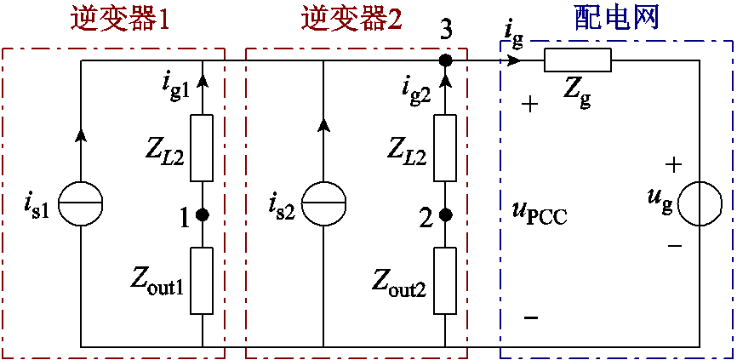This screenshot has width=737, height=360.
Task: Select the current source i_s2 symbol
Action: pos(324,205)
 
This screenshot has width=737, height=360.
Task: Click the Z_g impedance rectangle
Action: pos(577,60)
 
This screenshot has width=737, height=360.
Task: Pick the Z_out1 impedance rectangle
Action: pos(202,279)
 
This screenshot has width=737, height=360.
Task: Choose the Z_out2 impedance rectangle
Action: pos(445,279)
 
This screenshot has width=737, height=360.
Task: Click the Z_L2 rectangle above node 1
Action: pos(202,148)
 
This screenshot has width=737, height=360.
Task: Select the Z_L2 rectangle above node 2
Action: pos(445,148)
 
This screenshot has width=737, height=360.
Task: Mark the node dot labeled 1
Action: pos(202,215)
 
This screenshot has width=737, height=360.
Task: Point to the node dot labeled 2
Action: pos(445,215)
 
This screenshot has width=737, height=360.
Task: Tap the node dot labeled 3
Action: pos(445,60)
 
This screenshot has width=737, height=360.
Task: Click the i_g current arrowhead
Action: pos(513,60)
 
